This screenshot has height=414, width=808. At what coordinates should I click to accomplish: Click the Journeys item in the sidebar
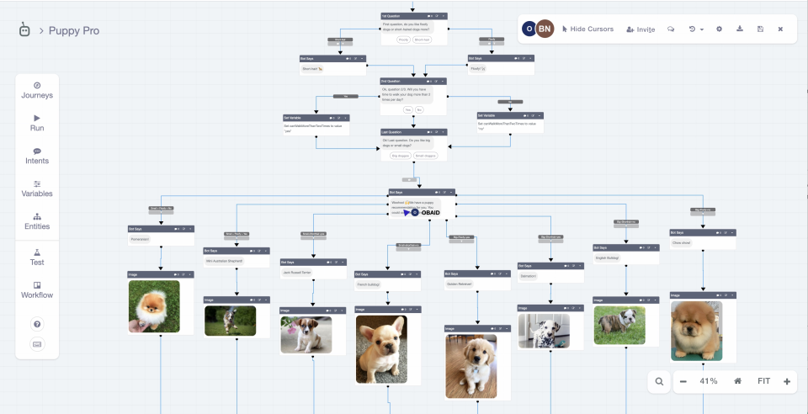point(37,90)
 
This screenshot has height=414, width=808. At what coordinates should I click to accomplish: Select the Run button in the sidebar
point(37,123)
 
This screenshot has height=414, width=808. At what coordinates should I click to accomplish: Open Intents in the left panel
point(37,156)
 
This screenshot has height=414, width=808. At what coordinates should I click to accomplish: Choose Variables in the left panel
point(37,188)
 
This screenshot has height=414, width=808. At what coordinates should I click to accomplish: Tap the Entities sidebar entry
point(37,221)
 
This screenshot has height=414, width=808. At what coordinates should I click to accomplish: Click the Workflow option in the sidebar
point(37,289)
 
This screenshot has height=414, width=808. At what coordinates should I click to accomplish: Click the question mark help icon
point(37,324)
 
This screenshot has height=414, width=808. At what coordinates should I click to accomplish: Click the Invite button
point(641,29)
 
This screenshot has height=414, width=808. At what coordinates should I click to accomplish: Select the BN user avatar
point(545,29)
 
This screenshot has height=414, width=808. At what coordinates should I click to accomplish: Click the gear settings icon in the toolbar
point(719,29)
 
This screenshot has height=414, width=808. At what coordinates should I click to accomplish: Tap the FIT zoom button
point(763,381)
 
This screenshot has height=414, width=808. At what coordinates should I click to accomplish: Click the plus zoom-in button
point(787,381)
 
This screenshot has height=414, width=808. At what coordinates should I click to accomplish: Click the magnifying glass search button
point(659,381)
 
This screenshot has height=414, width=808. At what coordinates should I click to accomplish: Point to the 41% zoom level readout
point(709,381)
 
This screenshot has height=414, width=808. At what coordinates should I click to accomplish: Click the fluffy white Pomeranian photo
point(154,306)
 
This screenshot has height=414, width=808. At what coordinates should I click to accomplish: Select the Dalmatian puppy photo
point(544,331)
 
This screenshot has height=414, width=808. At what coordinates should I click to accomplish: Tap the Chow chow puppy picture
point(696,331)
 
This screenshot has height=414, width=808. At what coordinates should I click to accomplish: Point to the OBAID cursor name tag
point(430,212)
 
